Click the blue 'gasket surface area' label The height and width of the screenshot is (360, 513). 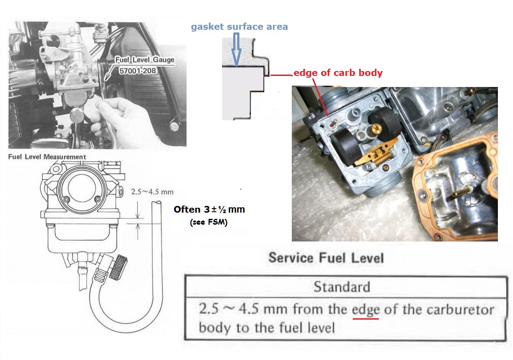pos(239,27)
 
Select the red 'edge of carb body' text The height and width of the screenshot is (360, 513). pos(338,73)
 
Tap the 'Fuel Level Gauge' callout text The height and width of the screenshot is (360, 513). pos(144,60)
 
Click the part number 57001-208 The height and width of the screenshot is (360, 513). pos(140,70)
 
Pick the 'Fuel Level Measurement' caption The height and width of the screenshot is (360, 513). pos(47,157)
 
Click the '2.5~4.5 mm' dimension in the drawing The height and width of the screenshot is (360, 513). pos(152,192)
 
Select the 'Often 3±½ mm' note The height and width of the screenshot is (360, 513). pos(209,209)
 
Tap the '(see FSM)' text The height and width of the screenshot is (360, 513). pos(209,222)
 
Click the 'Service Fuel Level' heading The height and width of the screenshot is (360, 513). pos(326,258)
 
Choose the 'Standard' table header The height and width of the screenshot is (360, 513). pos(342,287)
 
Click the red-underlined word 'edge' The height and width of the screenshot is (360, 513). pos(365,309)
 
